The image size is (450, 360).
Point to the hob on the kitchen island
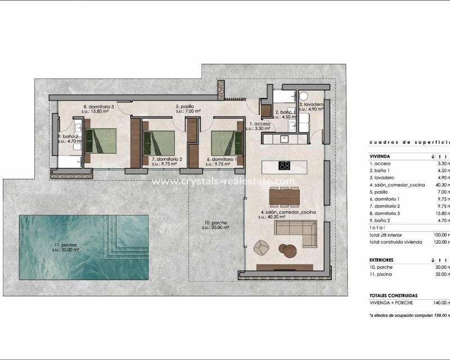click(285, 165)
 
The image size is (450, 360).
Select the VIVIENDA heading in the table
click(380, 156)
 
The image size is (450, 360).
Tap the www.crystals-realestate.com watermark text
click(223, 181)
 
